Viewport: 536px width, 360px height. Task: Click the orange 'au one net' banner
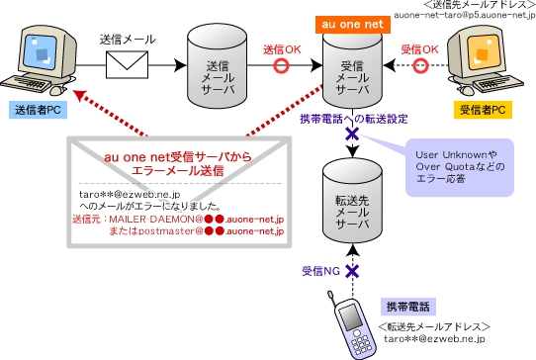352,25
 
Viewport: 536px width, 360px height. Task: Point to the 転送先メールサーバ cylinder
352,202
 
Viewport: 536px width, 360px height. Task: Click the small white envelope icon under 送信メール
127,64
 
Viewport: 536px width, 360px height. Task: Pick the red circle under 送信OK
281,65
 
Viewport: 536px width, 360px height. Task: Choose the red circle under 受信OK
420,65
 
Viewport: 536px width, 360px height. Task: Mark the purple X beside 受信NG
352,271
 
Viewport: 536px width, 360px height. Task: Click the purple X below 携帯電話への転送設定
352,134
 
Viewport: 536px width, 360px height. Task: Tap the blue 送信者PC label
38,110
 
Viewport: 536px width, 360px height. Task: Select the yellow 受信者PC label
483,110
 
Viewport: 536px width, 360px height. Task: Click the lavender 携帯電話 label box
408,307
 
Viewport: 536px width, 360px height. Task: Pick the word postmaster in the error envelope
166,231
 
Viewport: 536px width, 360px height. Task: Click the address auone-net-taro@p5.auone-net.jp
465,15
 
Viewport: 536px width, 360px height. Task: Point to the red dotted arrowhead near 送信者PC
80,95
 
